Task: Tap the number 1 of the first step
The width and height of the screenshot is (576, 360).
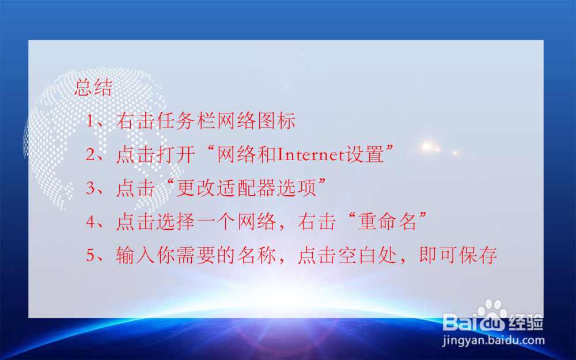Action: [x=90, y=122]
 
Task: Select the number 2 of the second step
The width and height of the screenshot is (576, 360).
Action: [x=90, y=155]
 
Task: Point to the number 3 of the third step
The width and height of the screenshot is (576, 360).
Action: [x=90, y=188]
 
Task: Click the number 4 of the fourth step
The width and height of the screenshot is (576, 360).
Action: [x=90, y=222]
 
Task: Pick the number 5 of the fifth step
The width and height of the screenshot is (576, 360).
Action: [x=90, y=255]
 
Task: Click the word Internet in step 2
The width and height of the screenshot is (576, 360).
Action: [x=312, y=155]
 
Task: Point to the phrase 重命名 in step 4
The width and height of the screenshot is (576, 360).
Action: [x=387, y=222]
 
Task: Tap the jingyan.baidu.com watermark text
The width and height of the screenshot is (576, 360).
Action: [x=493, y=340]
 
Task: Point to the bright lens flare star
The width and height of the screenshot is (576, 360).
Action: [x=426, y=146]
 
